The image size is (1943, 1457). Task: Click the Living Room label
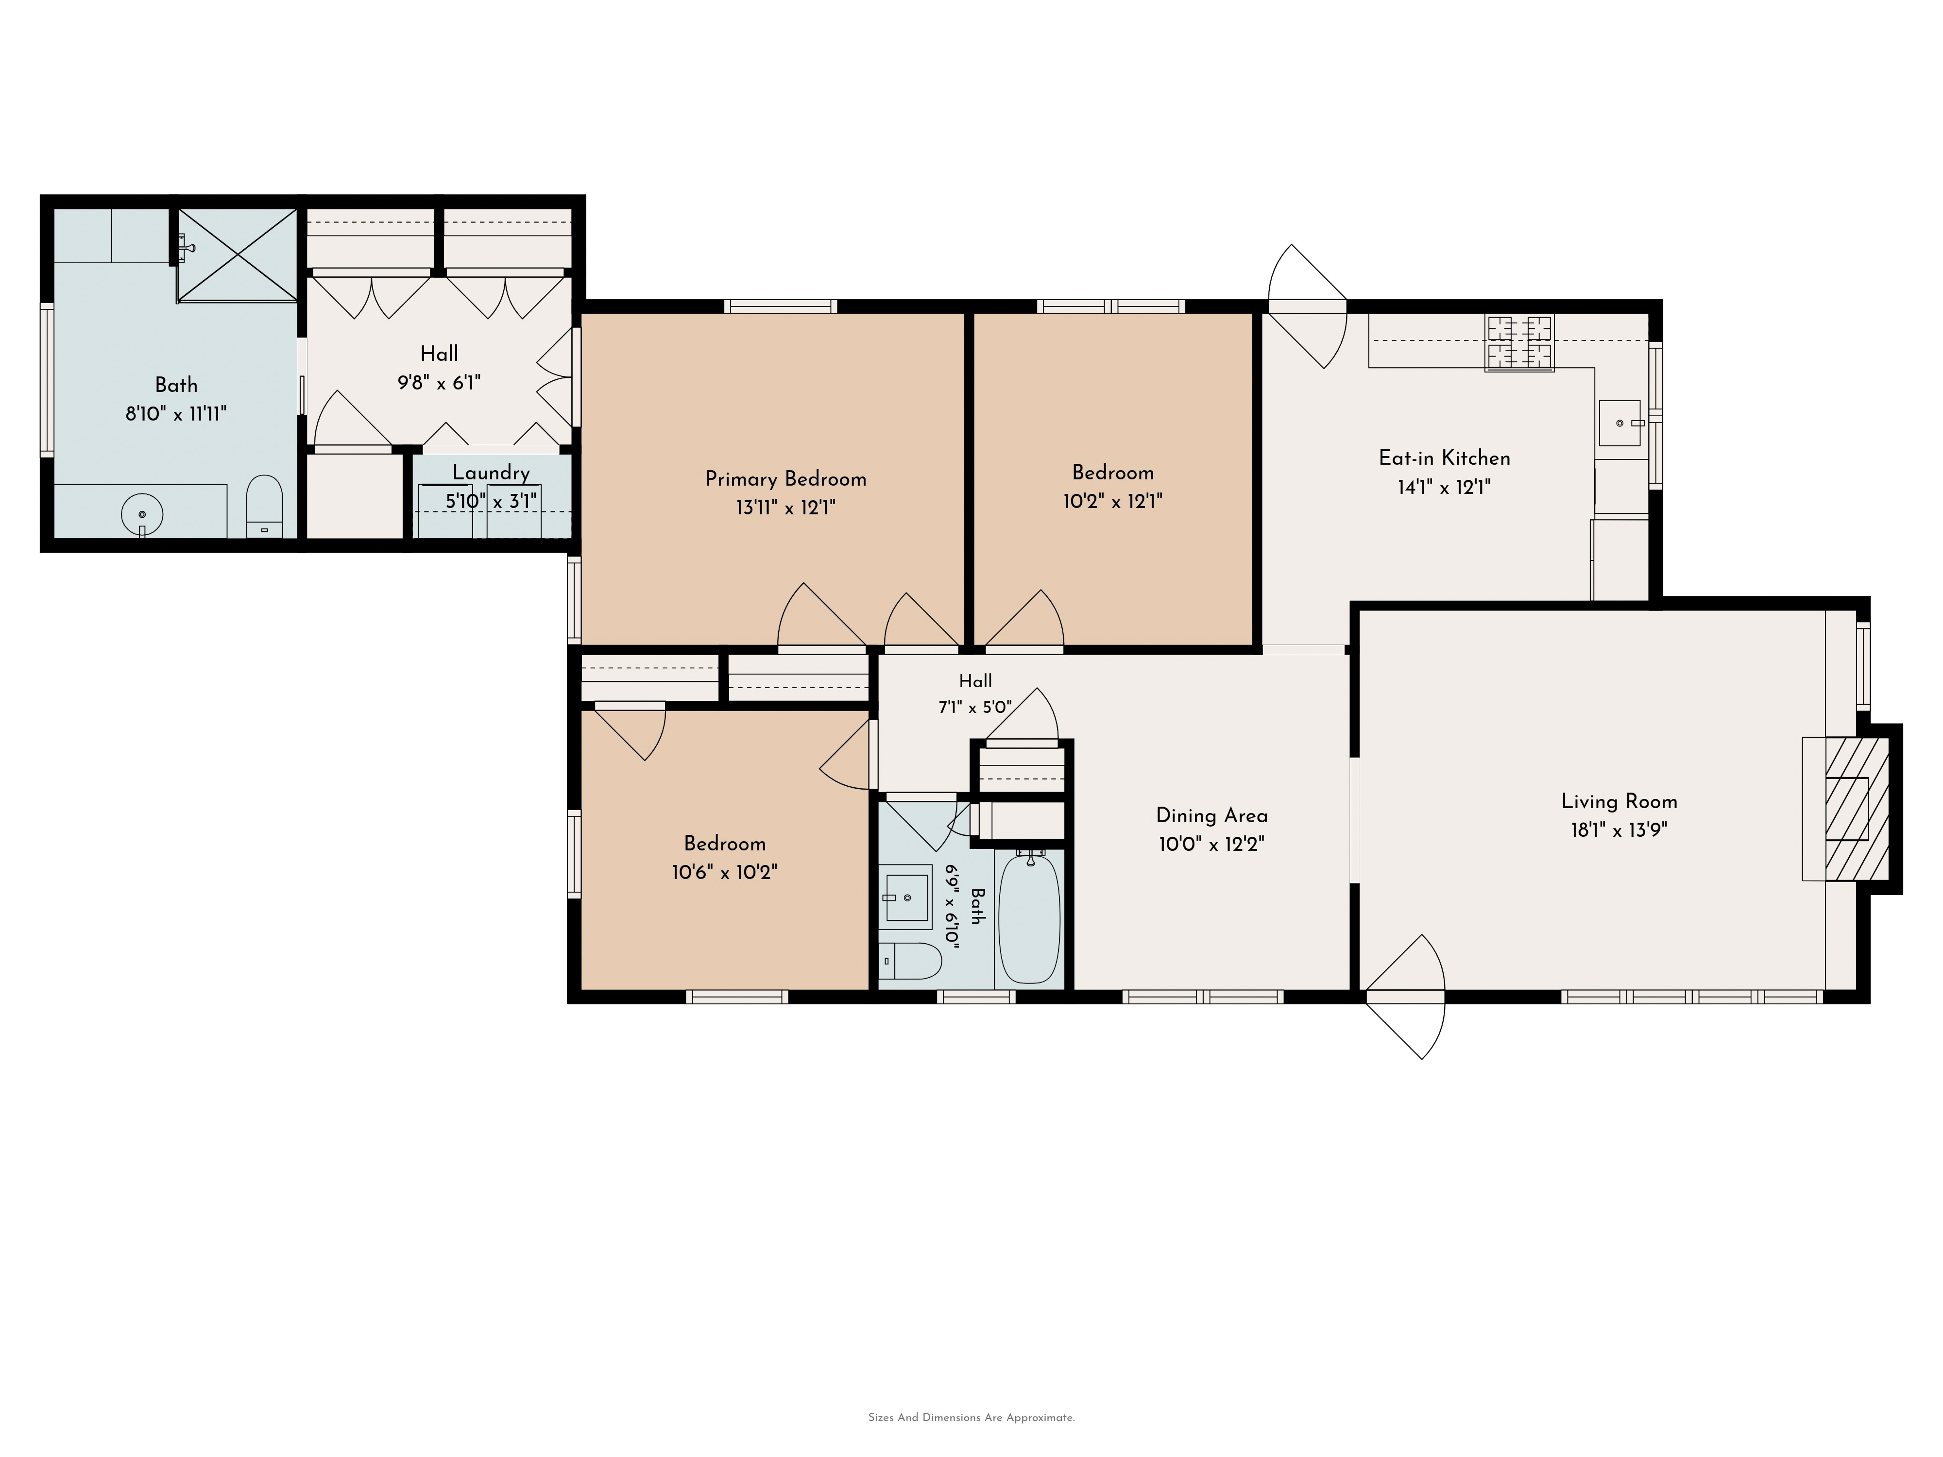tap(1619, 801)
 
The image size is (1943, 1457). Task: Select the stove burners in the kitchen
tap(1519, 342)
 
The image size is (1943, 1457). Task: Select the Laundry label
tap(491, 473)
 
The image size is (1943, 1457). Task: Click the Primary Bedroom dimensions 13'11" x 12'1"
tap(785, 508)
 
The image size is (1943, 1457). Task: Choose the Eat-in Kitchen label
tap(1444, 458)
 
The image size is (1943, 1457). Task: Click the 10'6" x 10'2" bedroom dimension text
tap(725, 872)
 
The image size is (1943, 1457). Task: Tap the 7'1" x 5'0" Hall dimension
tap(975, 707)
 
